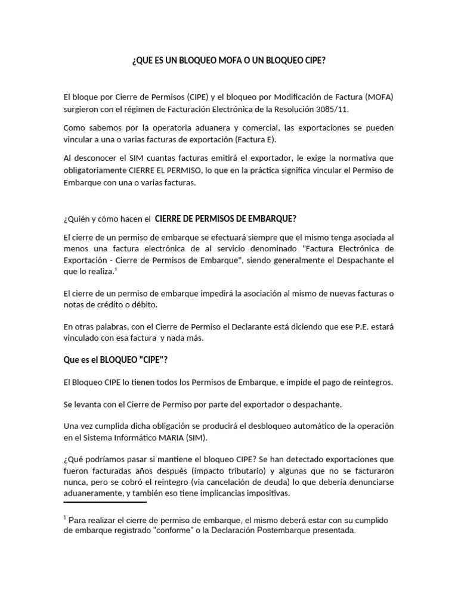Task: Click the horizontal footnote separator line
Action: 104,502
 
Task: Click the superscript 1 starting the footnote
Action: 64,516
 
